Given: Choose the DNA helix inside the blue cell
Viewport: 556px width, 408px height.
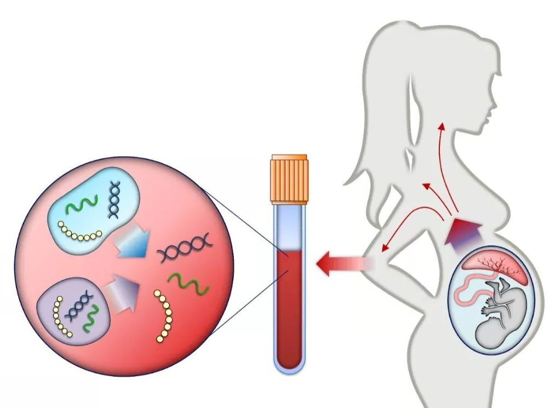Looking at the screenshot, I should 115,200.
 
